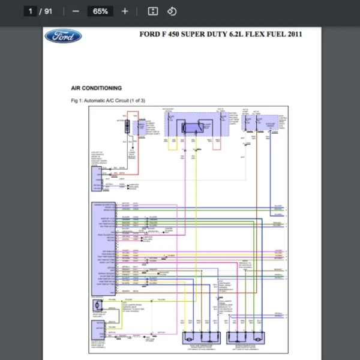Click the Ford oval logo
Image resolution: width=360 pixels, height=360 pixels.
pos(62,36)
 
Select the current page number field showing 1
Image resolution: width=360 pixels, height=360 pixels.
pos(29,11)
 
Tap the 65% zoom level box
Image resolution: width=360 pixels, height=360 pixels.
pos(100,11)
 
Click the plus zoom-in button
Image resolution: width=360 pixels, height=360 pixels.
pos(125,11)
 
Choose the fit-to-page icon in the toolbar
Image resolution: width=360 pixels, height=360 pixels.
pos(153,11)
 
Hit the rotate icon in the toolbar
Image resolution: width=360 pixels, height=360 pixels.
pos(172,11)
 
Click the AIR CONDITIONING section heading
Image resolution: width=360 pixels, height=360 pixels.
pos(96,88)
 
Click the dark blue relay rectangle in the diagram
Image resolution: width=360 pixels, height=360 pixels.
pos(191,127)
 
